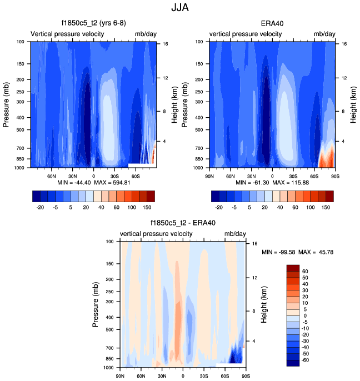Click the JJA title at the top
point(181,8)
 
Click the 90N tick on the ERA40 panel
point(210,176)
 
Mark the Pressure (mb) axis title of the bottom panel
point(96,304)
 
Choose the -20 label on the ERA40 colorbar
point(219,207)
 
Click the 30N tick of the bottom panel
point(162,376)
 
